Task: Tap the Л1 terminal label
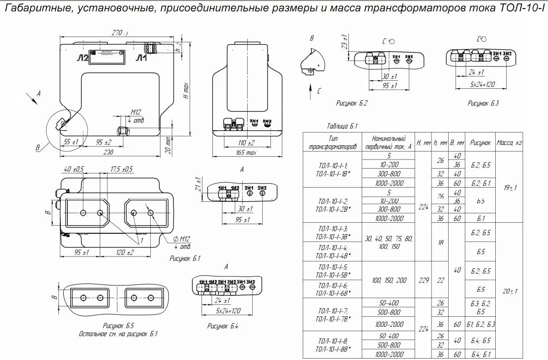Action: pos(141,58)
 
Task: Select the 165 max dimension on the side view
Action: pos(245,153)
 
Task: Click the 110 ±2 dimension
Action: pos(245,142)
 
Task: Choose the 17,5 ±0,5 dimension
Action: pos(122,169)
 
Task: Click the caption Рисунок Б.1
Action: pos(185,259)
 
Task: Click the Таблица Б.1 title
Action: pos(342,126)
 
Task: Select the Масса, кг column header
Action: pos(509,142)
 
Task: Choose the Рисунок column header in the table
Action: pos(481,142)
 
